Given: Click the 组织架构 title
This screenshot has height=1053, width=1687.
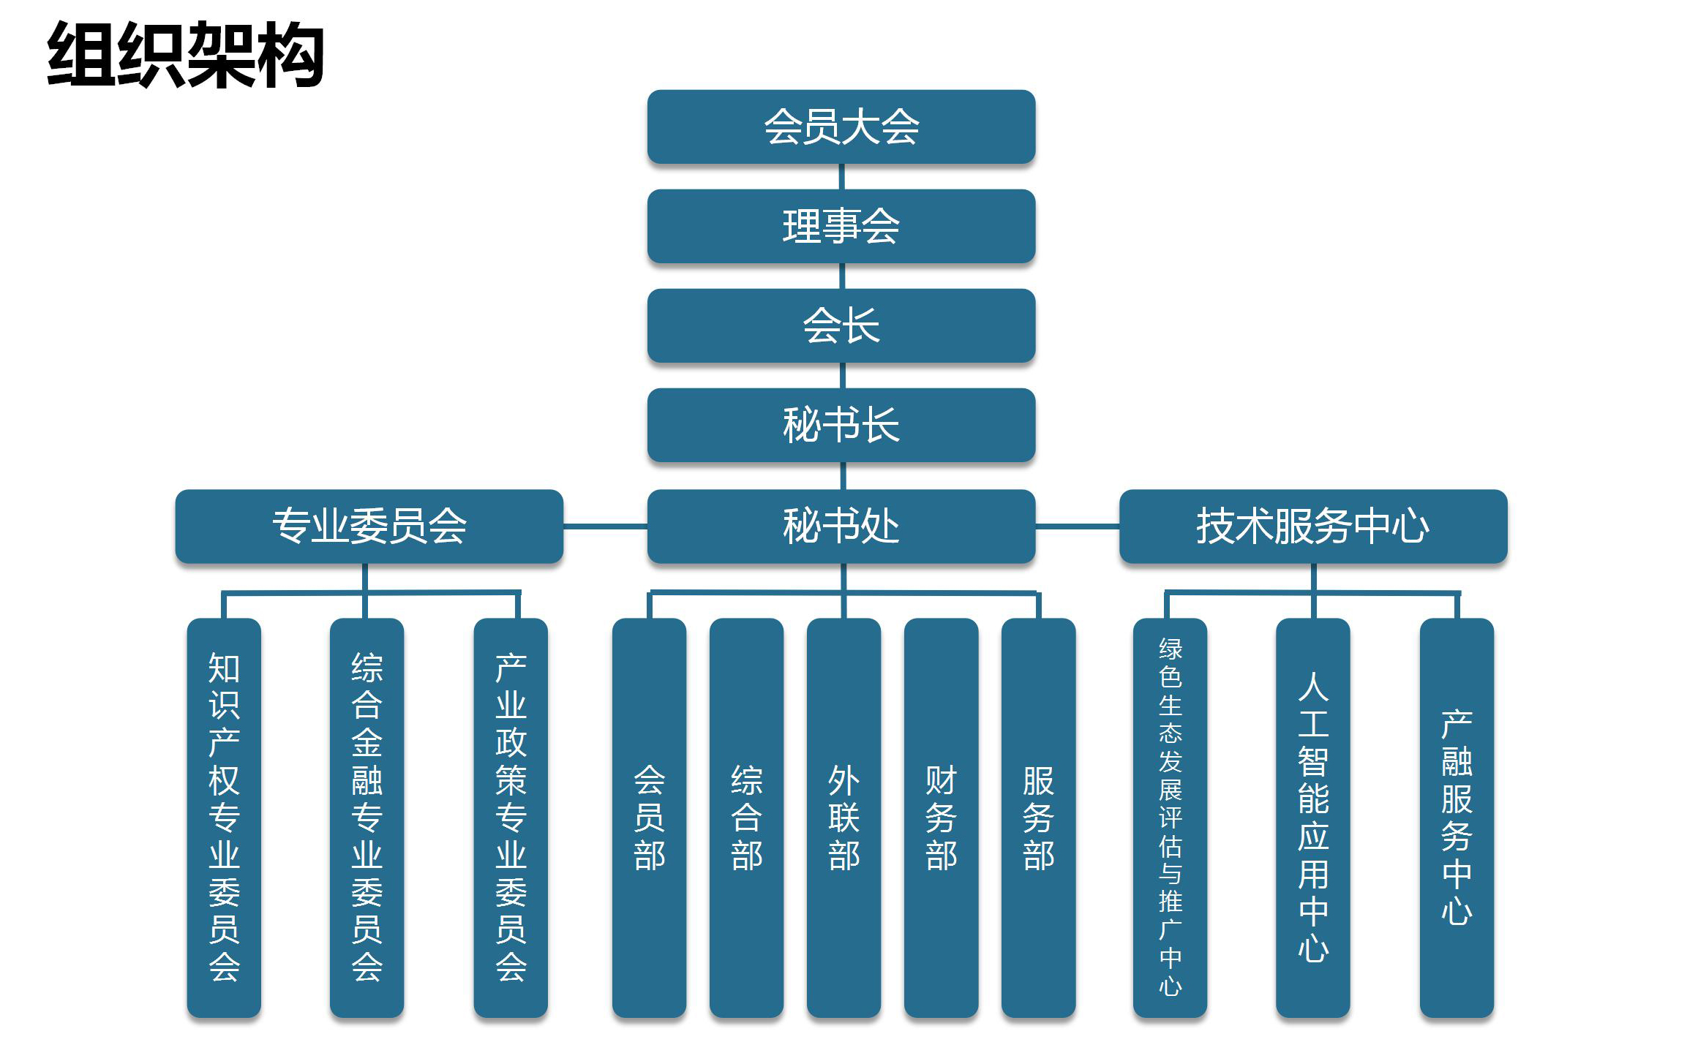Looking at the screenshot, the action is [186, 55].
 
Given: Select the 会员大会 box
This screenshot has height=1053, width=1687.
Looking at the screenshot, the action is [841, 127].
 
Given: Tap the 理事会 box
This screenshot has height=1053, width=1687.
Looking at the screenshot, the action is [841, 226].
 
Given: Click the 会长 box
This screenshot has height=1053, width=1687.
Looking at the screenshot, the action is [841, 325].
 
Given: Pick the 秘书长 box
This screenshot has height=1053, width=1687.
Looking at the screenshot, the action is [841, 425].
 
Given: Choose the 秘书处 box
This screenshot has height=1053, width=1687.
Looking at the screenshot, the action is [841, 526].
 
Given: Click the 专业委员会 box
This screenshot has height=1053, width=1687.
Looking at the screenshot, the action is [369, 526].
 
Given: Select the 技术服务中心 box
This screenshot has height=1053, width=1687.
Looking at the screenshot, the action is [1313, 526].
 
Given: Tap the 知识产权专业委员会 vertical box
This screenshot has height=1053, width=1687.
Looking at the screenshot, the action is [224, 818].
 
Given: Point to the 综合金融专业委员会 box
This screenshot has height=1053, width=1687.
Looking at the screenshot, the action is [367, 818].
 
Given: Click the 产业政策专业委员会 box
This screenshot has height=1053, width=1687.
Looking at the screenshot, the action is [511, 818].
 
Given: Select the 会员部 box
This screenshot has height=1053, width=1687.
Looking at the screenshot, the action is [649, 818].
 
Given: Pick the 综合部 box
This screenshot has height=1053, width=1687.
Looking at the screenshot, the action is [746, 818].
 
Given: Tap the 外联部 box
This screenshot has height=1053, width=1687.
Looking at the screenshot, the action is [843, 818].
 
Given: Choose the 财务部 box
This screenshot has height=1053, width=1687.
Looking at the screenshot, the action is [941, 818].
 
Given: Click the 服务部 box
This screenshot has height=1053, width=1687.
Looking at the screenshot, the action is [1038, 818].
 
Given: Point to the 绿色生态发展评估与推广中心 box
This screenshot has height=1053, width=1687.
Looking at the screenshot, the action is [1170, 818].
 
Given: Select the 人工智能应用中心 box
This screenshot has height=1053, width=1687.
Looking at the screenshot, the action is [1313, 818].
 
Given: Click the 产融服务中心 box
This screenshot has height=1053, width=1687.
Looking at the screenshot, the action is [1457, 818].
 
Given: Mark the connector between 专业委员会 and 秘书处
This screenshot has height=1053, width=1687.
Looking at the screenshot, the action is [605, 526].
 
